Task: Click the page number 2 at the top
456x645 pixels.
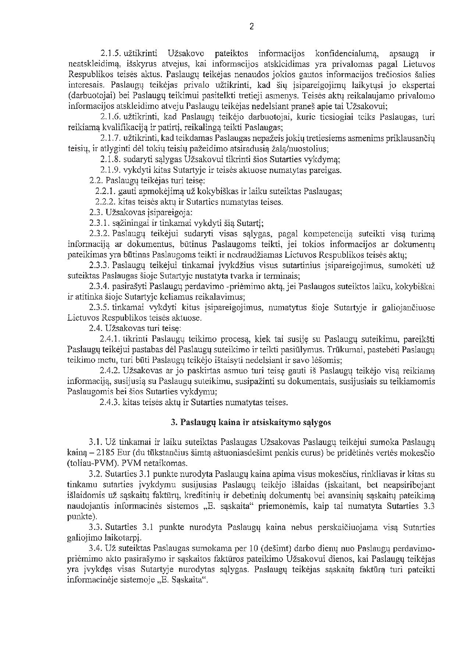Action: tap(252, 26)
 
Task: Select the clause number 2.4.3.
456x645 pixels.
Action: tap(110, 402)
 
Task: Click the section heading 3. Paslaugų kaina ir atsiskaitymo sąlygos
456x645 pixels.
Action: tap(251, 423)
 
